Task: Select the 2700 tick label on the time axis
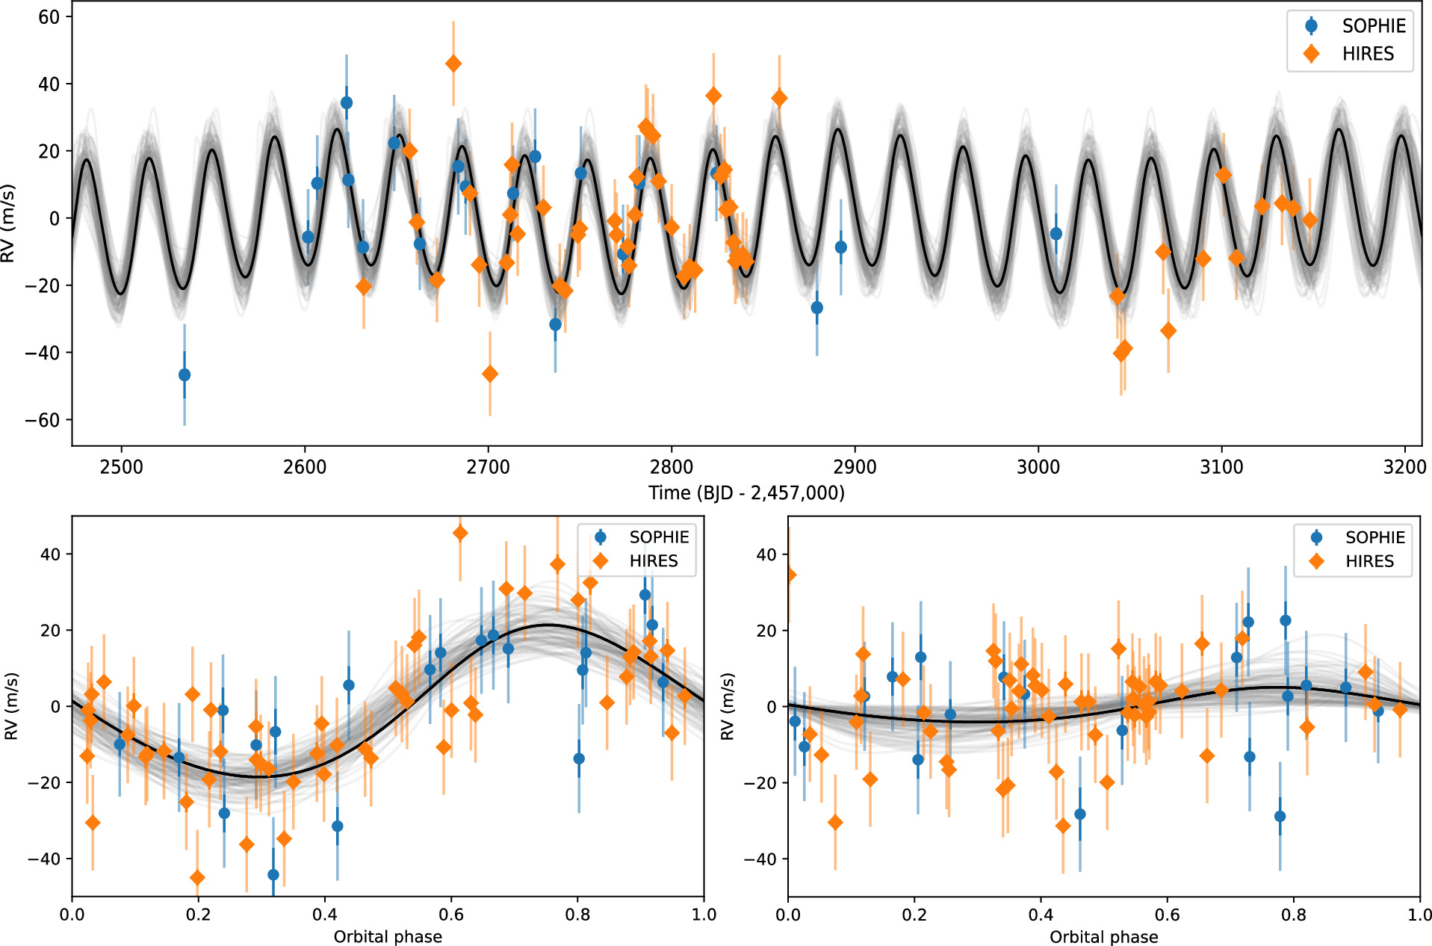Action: [488, 468]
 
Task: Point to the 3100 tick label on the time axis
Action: [1221, 468]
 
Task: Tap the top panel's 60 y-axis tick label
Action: [49, 17]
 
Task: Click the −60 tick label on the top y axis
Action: [43, 420]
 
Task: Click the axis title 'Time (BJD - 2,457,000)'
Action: [746, 493]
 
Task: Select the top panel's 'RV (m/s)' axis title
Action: [9, 223]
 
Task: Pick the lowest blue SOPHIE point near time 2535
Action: [185, 374]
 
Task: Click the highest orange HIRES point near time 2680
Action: [453, 64]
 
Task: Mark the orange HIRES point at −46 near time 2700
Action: [489, 374]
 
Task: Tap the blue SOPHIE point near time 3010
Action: [1056, 234]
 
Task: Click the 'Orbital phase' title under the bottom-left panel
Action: [388, 937]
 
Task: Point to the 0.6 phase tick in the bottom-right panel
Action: [1167, 915]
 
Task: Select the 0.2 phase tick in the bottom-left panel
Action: [199, 915]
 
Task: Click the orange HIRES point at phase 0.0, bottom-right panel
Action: [790, 575]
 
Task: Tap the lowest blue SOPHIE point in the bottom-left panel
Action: [273, 874]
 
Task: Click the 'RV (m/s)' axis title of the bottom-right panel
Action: [728, 706]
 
